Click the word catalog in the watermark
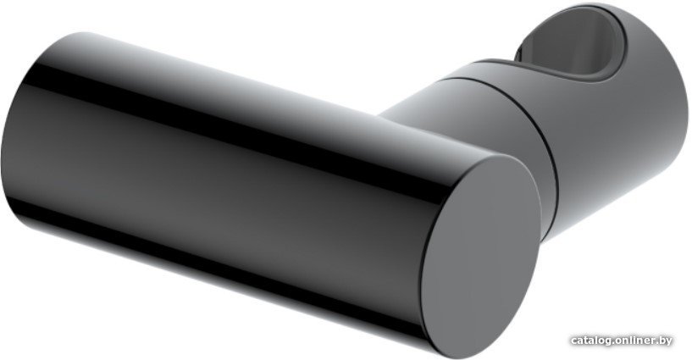pyautogui.click(x=591, y=341)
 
